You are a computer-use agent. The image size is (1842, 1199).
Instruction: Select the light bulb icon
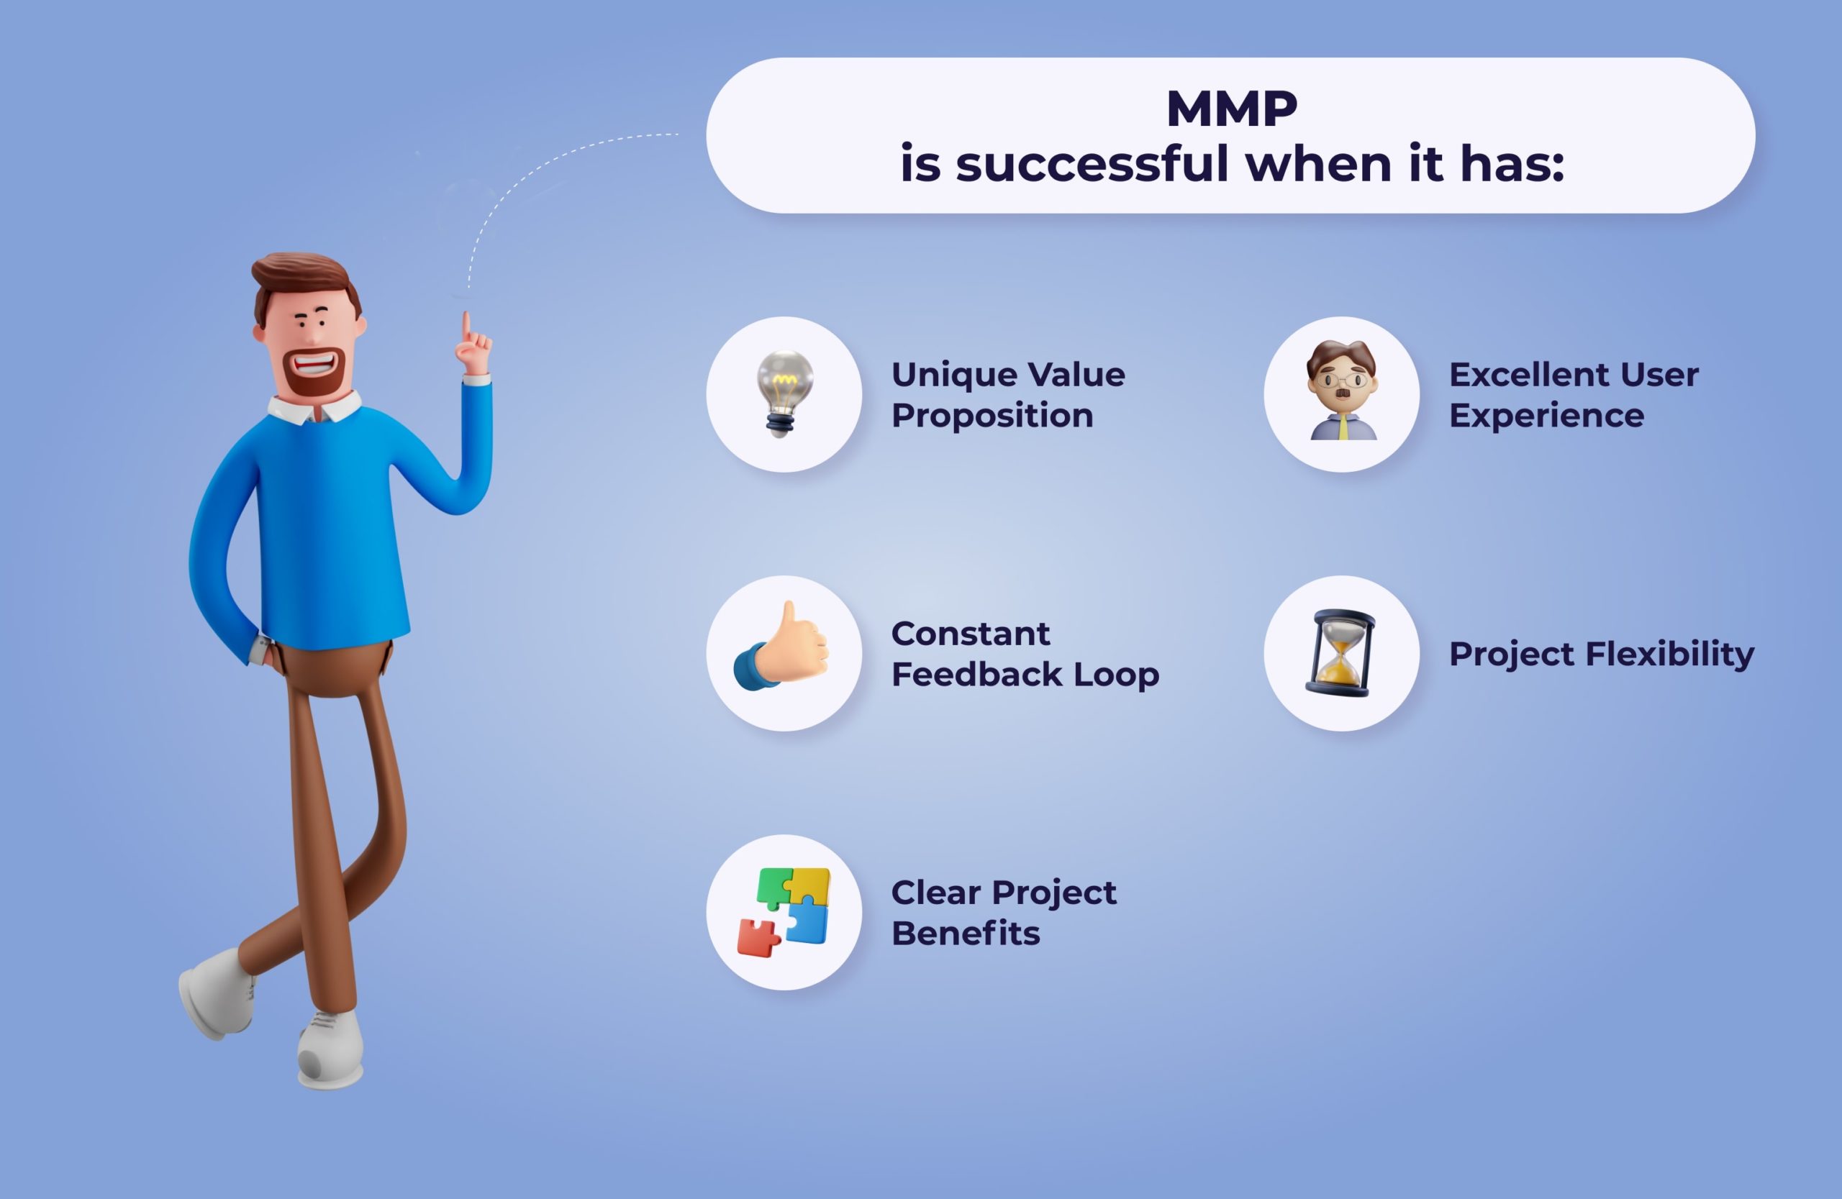(784, 393)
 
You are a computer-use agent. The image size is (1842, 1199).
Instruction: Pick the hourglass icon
(1341, 653)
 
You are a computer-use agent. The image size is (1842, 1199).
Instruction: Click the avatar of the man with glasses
(1343, 390)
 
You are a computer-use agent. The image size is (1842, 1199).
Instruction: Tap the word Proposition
(992, 416)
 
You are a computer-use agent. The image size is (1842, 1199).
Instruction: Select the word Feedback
(976, 674)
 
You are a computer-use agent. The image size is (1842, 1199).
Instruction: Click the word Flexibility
(1669, 655)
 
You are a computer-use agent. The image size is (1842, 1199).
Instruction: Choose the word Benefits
(965, 933)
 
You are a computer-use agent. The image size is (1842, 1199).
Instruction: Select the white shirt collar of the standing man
(316, 407)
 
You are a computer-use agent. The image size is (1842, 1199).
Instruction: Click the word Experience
(1546, 416)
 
